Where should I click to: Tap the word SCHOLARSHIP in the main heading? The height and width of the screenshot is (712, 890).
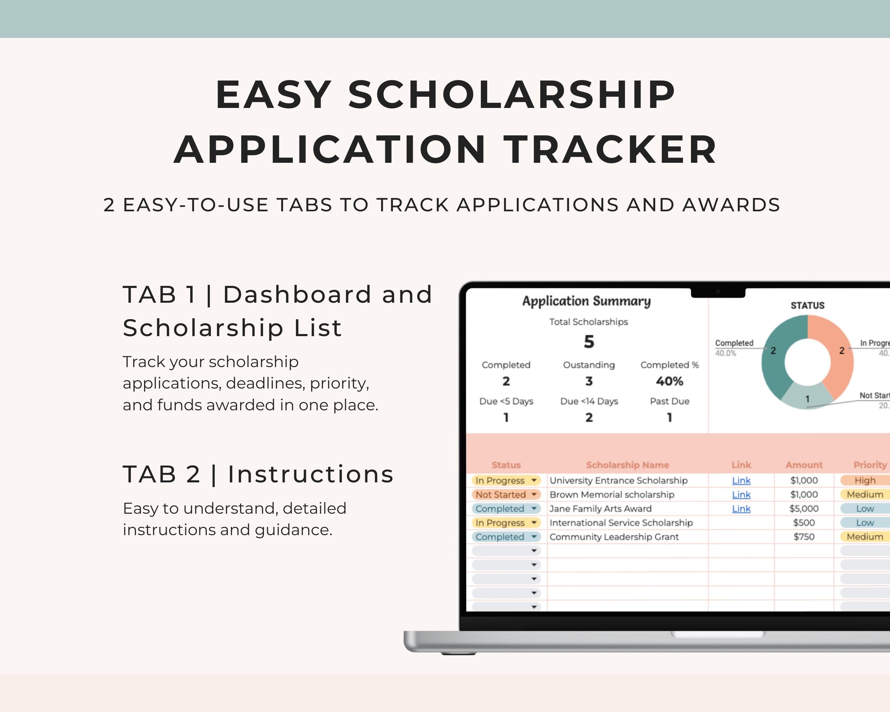pos(511,95)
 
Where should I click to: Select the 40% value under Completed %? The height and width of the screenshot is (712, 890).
pos(669,381)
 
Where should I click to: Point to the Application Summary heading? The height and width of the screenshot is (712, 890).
pos(586,301)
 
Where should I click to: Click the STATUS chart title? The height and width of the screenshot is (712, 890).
pos(807,306)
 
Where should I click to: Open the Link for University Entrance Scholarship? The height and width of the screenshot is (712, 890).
pos(741,480)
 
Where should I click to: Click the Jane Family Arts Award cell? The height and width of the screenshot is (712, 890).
pos(600,508)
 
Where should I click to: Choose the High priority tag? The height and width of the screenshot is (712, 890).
pos(865,480)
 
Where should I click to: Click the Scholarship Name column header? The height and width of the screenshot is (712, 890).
pos(627,465)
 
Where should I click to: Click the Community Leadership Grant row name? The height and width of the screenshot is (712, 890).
pos(614,537)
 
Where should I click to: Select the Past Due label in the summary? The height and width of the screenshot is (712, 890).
pos(669,401)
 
